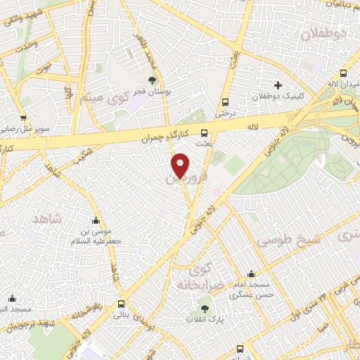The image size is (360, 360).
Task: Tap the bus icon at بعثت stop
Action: pyautogui.click(x=205, y=132)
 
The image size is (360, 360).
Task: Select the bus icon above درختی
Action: pyautogui.click(x=225, y=101)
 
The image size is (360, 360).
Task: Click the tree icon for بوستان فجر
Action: pyautogui.click(x=153, y=80)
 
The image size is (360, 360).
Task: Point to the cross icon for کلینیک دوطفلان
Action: pyautogui.click(x=278, y=85)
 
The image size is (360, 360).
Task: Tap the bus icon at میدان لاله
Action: pyautogui.click(x=343, y=73)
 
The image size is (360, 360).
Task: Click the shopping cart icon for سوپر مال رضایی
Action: pyautogui.click(x=24, y=119)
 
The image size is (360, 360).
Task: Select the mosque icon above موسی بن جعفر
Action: pyautogui.click(x=96, y=220)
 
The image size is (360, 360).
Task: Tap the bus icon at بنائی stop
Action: pyautogui.click(x=122, y=304)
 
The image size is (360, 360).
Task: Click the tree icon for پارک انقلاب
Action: pyautogui.click(x=205, y=308)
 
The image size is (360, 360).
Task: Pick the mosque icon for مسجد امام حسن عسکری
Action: pyautogui.click(x=251, y=274)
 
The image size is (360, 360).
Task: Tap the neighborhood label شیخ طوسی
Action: pyautogui.click(x=287, y=239)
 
